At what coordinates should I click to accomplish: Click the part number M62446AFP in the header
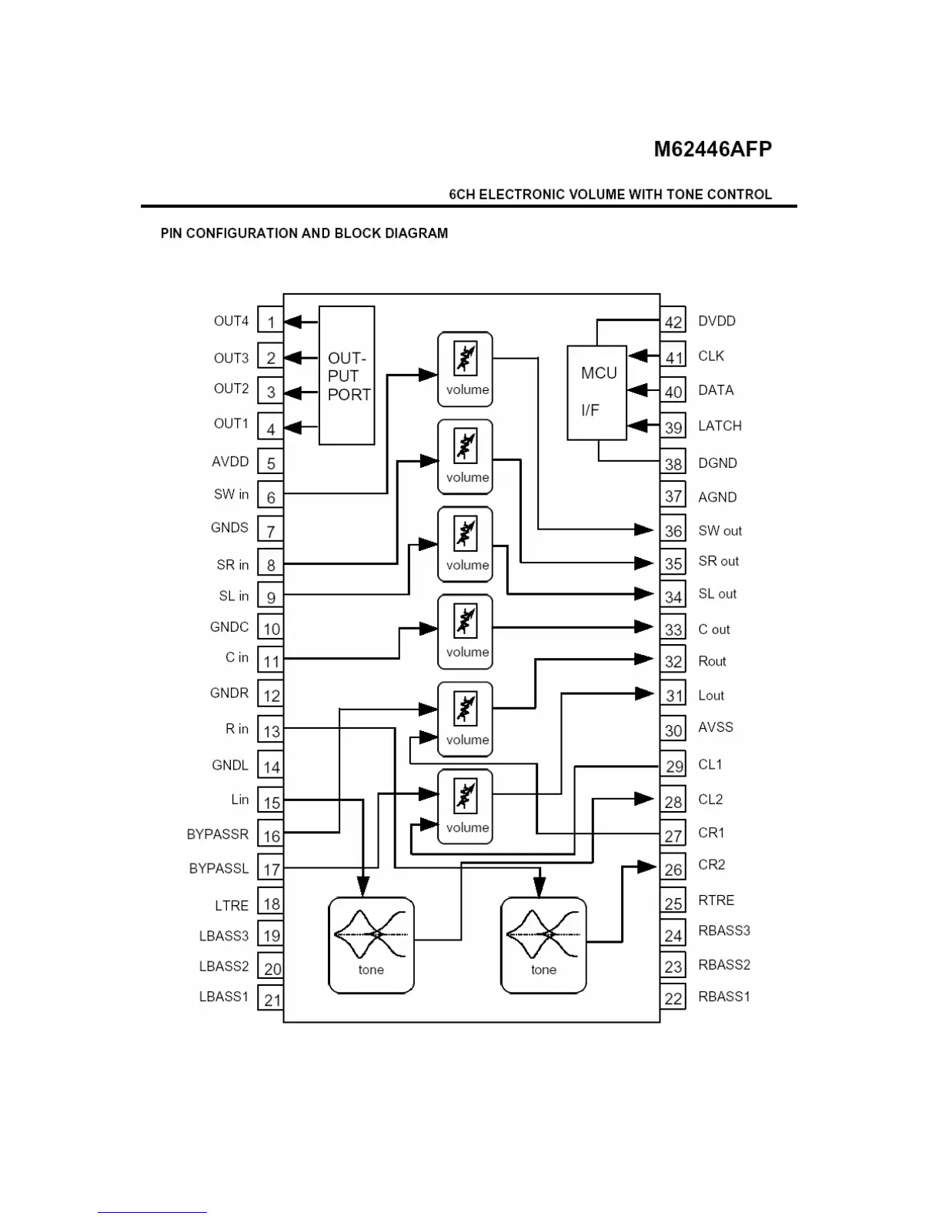point(713,149)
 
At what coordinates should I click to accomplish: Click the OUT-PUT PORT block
point(347,376)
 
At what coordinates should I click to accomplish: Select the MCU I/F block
point(597,392)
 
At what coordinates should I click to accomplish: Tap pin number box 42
point(673,322)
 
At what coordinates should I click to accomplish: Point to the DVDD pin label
point(717,321)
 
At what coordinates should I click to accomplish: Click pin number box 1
point(271,322)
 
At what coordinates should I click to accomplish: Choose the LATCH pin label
point(720,426)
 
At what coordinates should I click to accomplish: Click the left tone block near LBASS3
point(371,945)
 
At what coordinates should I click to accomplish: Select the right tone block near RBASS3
point(543,945)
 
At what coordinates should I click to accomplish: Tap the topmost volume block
point(465,369)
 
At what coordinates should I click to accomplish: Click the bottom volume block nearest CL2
point(465,807)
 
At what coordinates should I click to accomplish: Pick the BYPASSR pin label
point(218,834)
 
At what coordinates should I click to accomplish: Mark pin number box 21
point(272,999)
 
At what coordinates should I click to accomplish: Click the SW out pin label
point(720,530)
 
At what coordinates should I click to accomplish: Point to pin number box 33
point(673,629)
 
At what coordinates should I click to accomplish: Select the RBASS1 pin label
point(723,997)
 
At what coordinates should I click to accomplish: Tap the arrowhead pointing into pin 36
point(645,529)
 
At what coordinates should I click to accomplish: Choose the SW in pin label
point(231,494)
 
